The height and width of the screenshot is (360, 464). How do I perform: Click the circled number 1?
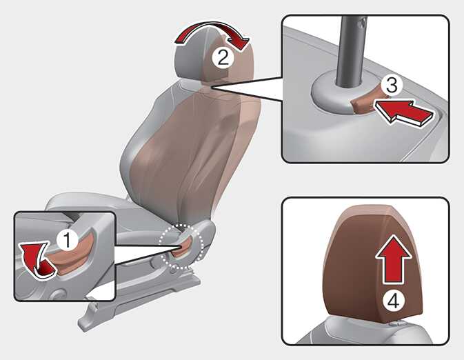[x=68, y=240]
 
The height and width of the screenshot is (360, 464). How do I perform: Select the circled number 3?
[x=392, y=85]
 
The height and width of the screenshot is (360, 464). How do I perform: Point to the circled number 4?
[x=394, y=301]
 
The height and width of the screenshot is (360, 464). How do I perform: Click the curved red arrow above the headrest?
[x=211, y=28]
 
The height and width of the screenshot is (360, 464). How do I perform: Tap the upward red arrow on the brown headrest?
[x=394, y=259]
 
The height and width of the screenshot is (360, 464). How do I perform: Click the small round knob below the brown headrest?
[x=396, y=323]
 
